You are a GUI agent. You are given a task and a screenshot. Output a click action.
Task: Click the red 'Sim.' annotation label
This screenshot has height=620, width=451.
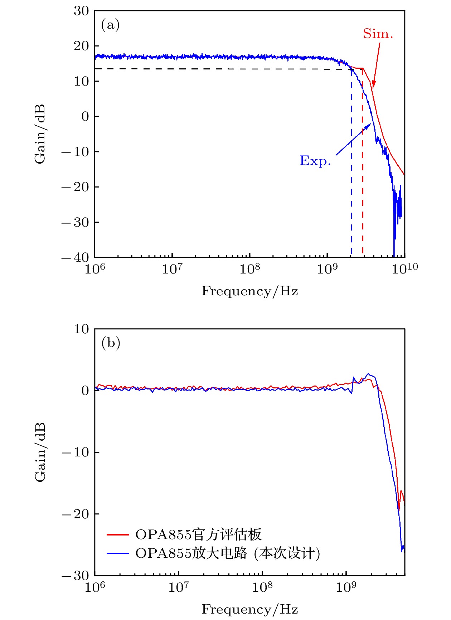click(x=378, y=34)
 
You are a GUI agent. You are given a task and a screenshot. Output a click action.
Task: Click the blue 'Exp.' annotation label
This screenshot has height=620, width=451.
click(x=315, y=161)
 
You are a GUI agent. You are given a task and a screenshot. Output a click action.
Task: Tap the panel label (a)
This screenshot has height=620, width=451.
click(x=110, y=25)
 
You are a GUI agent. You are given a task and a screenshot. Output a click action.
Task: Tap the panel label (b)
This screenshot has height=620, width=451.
click(x=111, y=343)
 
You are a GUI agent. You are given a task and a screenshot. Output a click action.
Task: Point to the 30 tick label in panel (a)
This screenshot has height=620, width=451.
click(x=81, y=11)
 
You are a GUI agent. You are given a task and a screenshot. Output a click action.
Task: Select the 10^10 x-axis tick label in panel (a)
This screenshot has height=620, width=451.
click(x=404, y=268)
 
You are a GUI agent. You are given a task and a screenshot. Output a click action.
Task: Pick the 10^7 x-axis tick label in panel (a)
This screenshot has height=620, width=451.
click(x=172, y=268)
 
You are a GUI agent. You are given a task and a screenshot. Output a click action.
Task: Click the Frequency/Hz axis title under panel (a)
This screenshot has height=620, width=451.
click(x=249, y=291)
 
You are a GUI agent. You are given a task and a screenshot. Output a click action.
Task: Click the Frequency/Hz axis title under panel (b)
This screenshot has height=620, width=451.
click(x=249, y=609)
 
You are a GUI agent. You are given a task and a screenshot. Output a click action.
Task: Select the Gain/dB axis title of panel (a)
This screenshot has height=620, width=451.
click(x=40, y=134)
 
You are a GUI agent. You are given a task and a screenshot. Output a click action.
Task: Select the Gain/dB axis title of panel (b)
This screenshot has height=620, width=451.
click(x=40, y=452)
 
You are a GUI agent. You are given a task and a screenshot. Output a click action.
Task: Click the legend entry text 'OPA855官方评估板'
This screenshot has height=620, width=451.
click(x=198, y=534)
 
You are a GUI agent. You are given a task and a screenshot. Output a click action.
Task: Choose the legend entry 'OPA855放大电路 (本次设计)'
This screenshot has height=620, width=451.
click(x=228, y=553)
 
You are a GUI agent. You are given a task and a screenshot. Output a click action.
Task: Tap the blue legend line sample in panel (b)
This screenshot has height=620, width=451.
click(x=118, y=554)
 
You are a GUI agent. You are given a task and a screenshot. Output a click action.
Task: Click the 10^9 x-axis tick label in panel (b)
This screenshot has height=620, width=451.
click(x=346, y=587)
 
